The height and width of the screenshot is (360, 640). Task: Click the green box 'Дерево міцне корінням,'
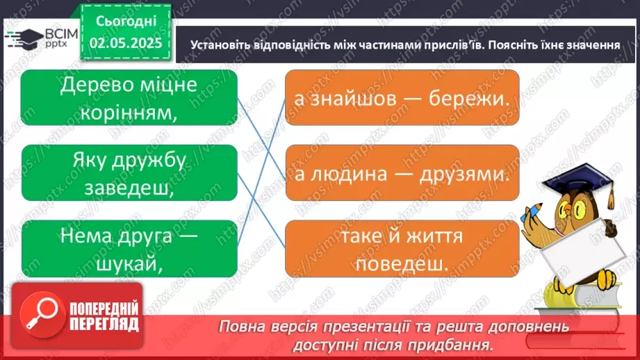tap(129, 98)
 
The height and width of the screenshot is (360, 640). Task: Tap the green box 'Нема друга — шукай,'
tap(129, 248)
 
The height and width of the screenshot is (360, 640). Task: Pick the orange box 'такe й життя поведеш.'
tap(402, 248)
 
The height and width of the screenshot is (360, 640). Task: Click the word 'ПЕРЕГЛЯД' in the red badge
tap(103, 323)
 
